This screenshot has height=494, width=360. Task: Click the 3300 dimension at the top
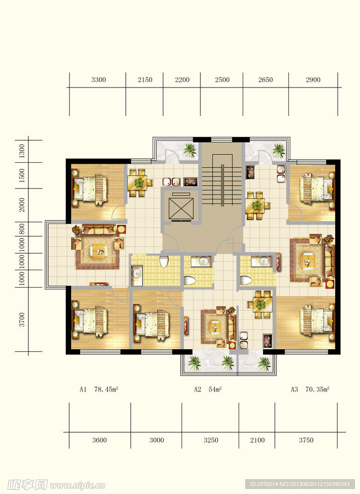click(98, 80)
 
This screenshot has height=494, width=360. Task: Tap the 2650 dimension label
click(266, 80)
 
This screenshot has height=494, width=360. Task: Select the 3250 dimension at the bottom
click(211, 440)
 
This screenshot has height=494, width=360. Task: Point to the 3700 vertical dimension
click(22, 319)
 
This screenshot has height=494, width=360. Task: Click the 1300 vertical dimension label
click(22, 151)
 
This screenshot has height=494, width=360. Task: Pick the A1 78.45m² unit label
click(98, 390)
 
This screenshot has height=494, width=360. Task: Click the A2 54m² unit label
click(207, 390)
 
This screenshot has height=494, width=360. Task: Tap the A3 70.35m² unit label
click(310, 390)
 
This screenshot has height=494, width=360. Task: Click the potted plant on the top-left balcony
click(190, 150)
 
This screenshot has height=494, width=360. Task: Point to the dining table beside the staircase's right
click(258, 206)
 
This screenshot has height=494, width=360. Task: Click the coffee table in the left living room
click(98, 251)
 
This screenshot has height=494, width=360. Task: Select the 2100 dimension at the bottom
click(258, 440)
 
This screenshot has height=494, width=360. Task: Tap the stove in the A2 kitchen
click(268, 341)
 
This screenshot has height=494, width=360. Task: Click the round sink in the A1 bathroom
click(137, 274)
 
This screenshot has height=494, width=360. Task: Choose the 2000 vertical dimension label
click(22, 205)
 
